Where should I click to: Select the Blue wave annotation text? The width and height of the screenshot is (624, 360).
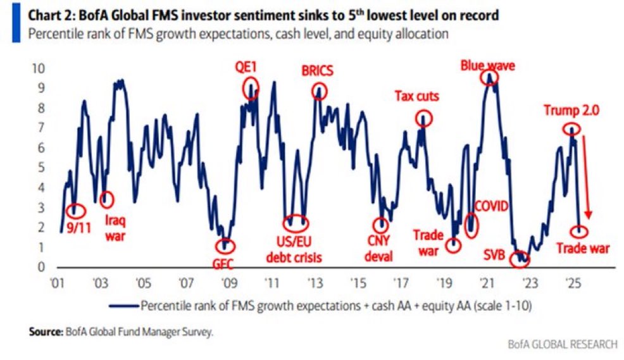point(487,65)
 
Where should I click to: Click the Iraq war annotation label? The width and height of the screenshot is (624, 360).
point(112,228)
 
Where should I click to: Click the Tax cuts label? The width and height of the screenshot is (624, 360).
point(417,96)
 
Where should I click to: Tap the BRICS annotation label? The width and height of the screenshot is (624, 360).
point(316,71)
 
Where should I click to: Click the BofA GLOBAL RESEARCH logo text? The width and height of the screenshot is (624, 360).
point(562,344)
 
